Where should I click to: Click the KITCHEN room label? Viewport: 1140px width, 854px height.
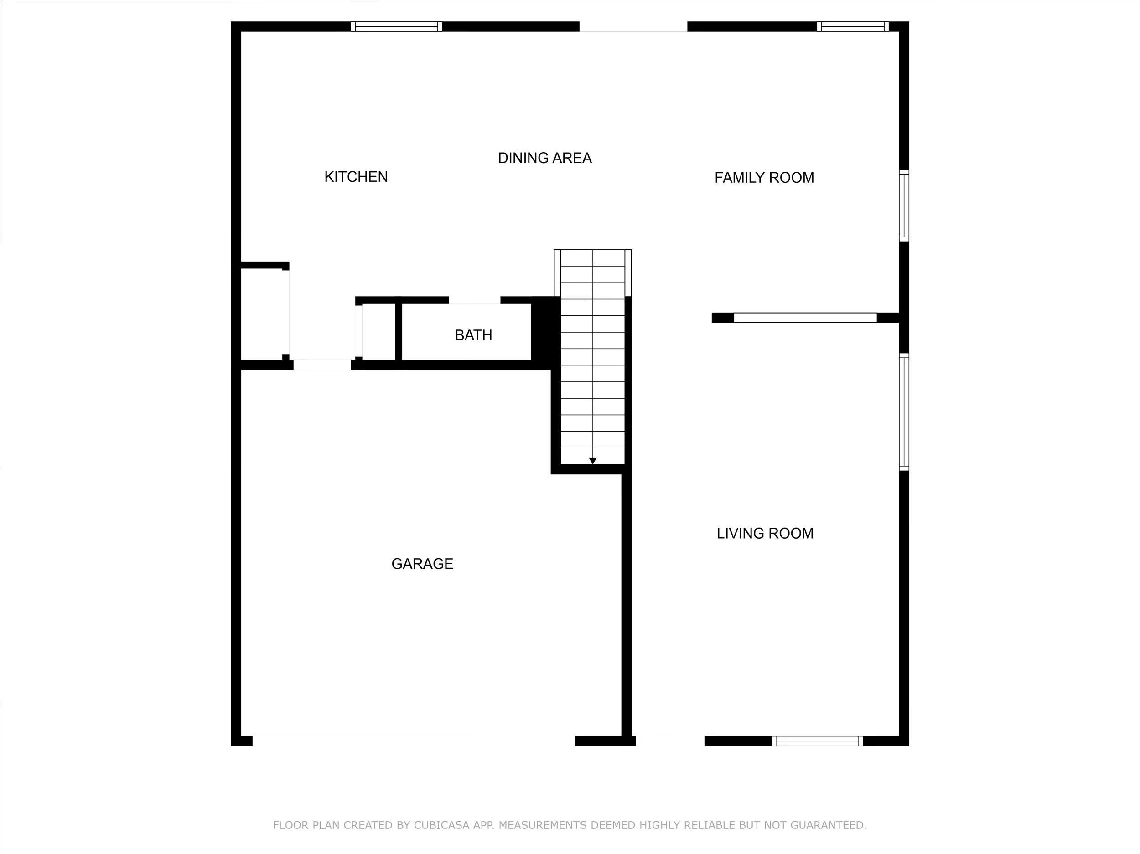click(x=356, y=177)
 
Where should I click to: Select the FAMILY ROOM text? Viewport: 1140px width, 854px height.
click(x=764, y=178)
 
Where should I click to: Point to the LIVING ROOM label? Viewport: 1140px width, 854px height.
click(x=765, y=533)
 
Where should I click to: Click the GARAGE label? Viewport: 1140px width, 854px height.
click(x=422, y=564)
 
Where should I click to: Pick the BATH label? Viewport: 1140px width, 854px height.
click(x=473, y=335)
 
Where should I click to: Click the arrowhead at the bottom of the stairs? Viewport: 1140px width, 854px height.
click(x=593, y=460)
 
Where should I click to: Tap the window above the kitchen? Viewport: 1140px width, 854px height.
click(x=396, y=27)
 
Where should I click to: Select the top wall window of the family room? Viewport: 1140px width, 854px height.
click(x=853, y=27)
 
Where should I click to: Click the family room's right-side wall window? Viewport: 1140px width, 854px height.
click(x=904, y=206)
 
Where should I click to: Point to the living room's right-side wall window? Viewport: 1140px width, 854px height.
click(x=904, y=412)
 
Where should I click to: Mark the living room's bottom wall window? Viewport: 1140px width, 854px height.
click(x=817, y=741)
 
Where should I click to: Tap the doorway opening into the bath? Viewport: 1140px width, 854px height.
click(x=474, y=300)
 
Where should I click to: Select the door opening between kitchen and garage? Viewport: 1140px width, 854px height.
click(x=322, y=365)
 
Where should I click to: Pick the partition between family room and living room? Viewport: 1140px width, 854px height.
click(x=805, y=318)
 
